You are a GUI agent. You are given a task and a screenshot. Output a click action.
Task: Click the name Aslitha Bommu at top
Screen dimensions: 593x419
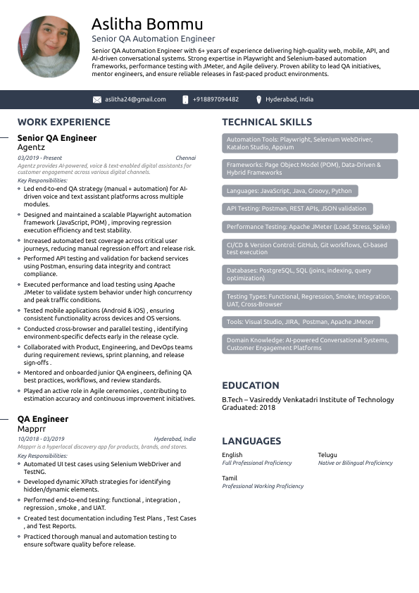[x=147, y=25]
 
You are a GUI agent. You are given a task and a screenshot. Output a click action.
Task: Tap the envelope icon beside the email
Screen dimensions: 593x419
[x=97, y=99]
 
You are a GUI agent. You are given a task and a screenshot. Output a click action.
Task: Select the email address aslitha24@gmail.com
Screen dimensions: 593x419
[x=135, y=99]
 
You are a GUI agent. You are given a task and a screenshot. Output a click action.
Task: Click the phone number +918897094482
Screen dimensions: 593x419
[x=215, y=99]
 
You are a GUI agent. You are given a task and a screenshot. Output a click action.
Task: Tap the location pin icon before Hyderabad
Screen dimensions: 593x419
[x=259, y=99]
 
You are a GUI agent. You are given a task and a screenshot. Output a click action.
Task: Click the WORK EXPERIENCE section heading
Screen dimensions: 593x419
[x=63, y=122]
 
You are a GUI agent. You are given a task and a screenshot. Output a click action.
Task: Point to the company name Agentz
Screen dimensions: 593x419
[x=31, y=148]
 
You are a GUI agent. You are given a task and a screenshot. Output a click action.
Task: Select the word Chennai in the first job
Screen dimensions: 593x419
[x=185, y=158]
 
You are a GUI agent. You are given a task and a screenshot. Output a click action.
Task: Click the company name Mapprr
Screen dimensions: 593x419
[x=32, y=428]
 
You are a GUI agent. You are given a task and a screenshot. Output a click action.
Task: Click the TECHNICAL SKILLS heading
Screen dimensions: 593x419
[x=267, y=122]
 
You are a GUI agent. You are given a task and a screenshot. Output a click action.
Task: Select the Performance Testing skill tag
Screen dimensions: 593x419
[x=308, y=227]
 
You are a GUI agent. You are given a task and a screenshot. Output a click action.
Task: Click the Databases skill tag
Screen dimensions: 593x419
[x=308, y=274]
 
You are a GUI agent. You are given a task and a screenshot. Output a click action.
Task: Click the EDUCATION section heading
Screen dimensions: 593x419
[x=251, y=385]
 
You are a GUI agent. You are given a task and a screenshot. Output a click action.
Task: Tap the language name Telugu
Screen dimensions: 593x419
[x=327, y=455]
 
